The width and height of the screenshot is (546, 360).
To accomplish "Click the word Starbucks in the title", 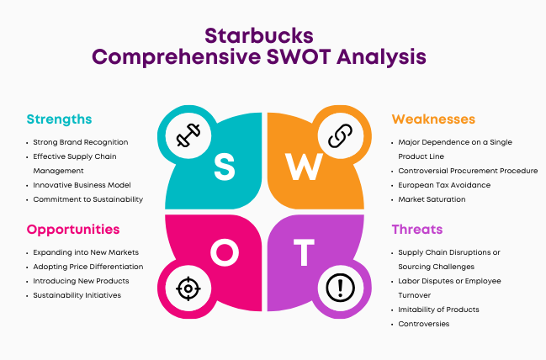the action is pos(259,35).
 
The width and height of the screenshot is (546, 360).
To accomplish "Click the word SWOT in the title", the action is pos(299,56).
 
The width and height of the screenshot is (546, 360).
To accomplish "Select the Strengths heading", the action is pos(59,119).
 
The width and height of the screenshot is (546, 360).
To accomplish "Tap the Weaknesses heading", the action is pos(433,119).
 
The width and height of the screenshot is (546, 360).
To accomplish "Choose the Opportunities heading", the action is pos(73,230).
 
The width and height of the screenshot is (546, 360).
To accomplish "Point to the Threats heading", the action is pos(417,230).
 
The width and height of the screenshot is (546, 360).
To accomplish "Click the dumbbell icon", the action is pos(188,135).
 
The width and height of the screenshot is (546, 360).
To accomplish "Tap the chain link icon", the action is pos(340,135).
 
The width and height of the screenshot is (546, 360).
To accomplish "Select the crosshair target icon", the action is pos(188,289).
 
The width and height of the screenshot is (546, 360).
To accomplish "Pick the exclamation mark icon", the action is pos(340,288).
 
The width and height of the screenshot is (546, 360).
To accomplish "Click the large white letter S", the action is pos(225,167).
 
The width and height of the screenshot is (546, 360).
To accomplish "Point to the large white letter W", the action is pos(304,167).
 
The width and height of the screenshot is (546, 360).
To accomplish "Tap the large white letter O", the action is pos(225,252).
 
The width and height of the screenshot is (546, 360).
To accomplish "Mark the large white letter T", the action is pos(304,252).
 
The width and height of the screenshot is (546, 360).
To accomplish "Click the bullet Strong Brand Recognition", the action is pos(81,142).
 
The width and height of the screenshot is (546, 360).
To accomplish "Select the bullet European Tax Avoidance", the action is pos(444,185).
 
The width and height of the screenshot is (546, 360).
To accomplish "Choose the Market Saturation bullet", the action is pos(432,199).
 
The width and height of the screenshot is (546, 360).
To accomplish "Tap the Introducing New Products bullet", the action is pos(81,281).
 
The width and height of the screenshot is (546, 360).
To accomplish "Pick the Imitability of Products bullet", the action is pos(439,310).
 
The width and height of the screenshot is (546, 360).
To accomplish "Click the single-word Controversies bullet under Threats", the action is pos(424,324).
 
